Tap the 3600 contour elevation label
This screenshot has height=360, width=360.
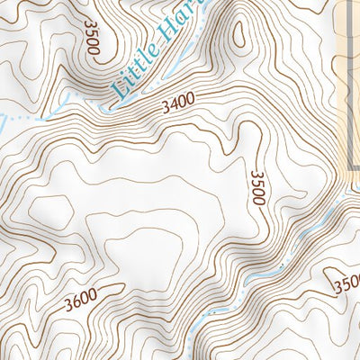80,303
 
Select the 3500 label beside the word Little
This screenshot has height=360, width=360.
92,35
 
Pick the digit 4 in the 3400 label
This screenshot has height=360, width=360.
171,105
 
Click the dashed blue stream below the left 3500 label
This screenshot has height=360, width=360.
54,112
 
